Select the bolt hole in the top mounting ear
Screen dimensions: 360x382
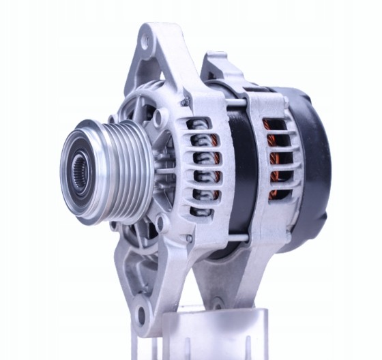click(145, 42)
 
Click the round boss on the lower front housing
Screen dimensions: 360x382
click(160, 222)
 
